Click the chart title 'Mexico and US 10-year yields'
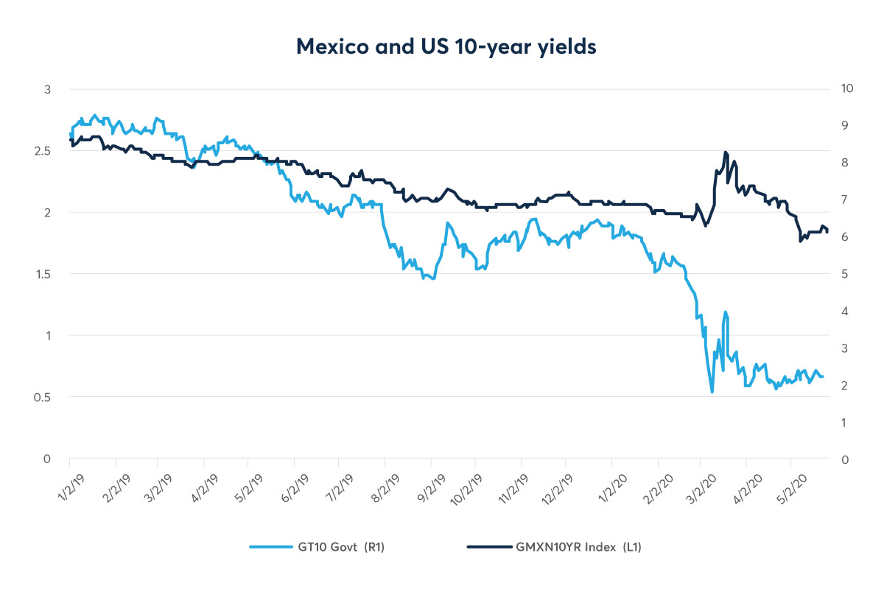pos(446,46)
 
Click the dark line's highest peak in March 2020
pos(726,152)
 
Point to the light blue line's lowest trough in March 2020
pos(712,392)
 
